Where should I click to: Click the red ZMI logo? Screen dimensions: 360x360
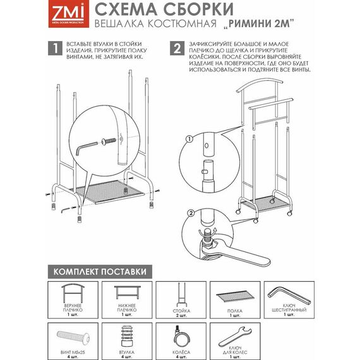(x=68, y=15)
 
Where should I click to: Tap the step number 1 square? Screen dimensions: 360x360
(x=55, y=48)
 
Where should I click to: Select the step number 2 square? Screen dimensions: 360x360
(x=177, y=48)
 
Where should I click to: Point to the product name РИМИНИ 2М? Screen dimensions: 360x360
(x=259, y=23)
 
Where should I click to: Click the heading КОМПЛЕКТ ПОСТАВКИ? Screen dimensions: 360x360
(x=100, y=272)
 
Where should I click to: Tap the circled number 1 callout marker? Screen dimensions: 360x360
(x=189, y=139)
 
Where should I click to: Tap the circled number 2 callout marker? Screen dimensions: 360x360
(x=191, y=213)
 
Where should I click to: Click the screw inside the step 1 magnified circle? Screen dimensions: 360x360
(x=109, y=141)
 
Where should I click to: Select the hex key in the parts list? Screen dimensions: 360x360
(x=289, y=296)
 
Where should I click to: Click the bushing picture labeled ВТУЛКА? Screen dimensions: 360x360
(x=127, y=337)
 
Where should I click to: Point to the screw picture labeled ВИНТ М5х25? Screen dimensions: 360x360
(x=73, y=337)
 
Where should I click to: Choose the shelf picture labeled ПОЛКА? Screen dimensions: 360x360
(x=235, y=296)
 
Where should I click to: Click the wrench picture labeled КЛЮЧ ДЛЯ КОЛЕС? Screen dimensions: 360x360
(x=235, y=337)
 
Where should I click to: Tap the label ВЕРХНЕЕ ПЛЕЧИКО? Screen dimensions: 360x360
(x=73, y=308)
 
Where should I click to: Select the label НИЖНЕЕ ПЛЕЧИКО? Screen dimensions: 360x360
(x=127, y=308)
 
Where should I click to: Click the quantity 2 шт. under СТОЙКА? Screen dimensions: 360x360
(x=181, y=315)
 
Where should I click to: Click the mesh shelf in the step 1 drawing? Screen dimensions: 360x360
(x=109, y=191)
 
